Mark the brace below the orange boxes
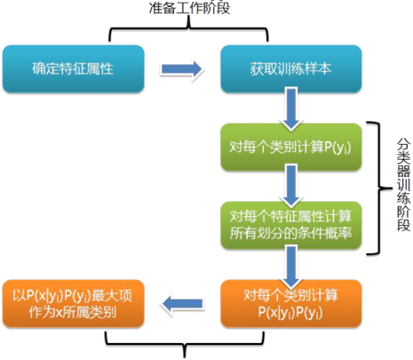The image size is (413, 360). (185, 342)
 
